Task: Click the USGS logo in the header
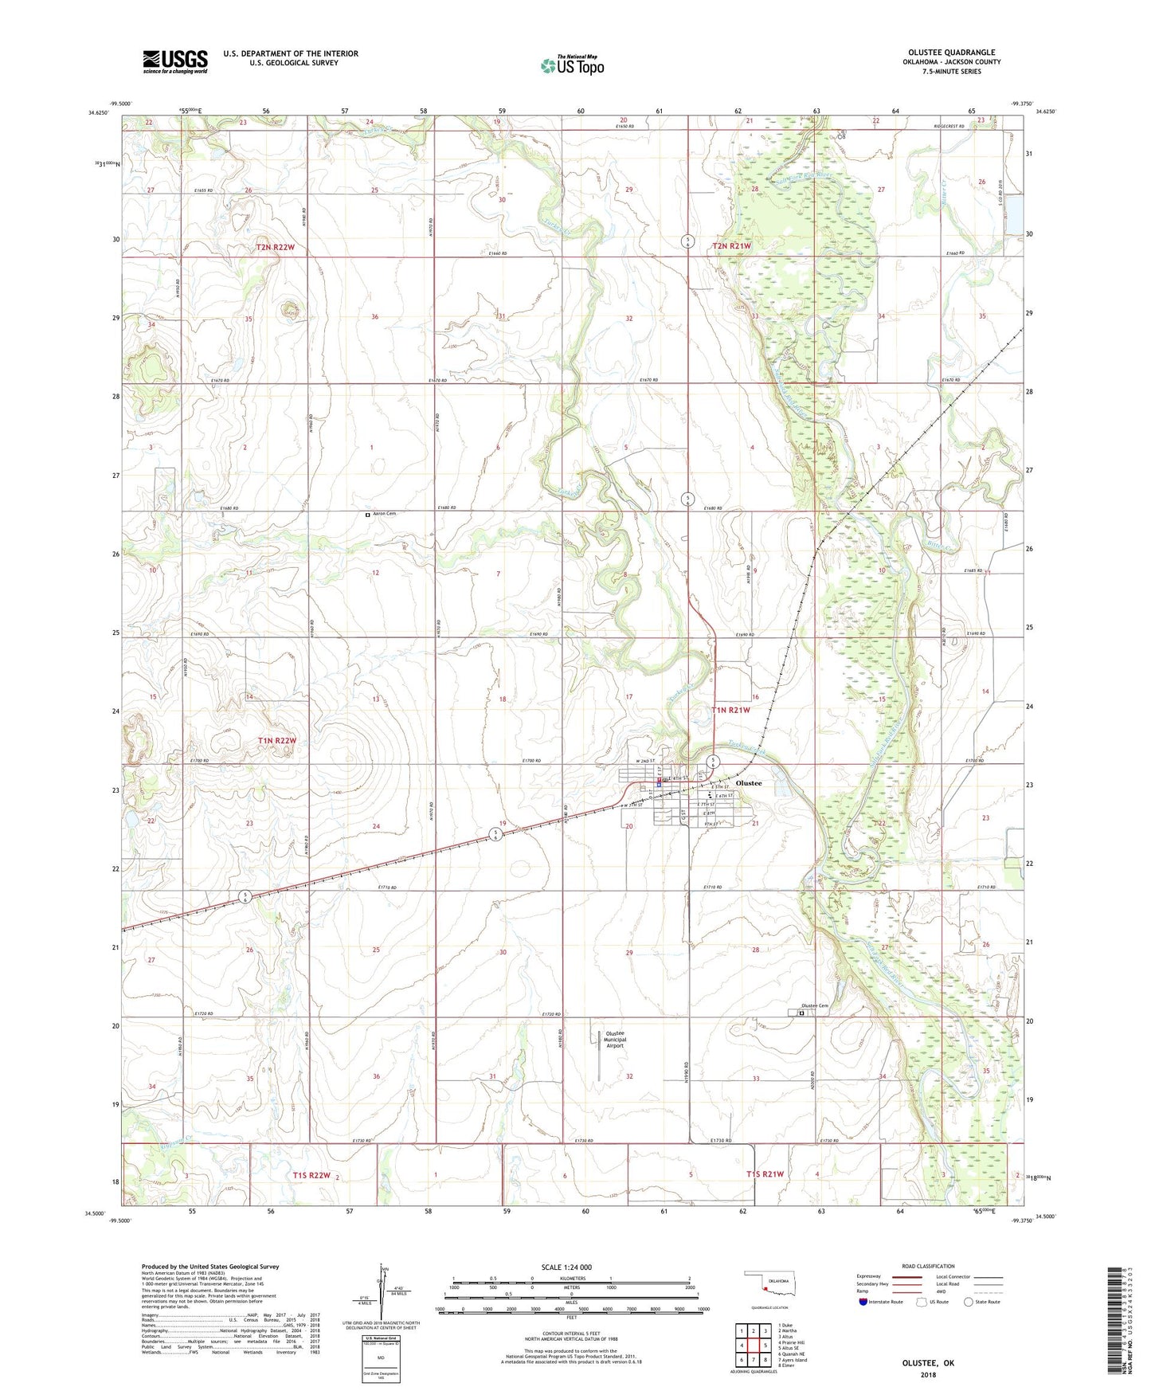(x=175, y=61)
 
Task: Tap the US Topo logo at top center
(x=572, y=65)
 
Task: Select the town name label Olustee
(x=748, y=783)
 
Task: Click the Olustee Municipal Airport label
(x=615, y=1040)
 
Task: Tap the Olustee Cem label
(x=815, y=1006)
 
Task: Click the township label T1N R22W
(x=276, y=741)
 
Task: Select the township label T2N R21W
(x=731, y=247)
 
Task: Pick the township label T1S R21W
(x=765, y=1174)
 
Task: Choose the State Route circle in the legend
(x=969, y=1302)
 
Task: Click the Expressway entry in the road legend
(x=872, y=1276)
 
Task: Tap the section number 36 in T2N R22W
(x=374, y=317)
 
